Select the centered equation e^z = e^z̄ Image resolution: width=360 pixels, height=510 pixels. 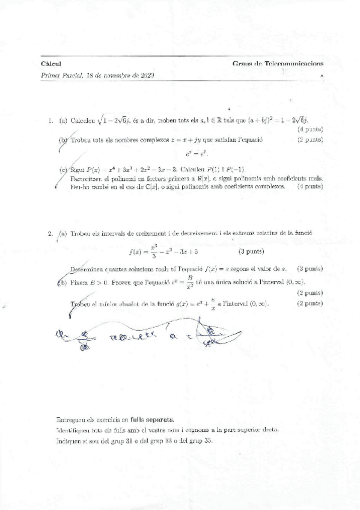tap(185, 155)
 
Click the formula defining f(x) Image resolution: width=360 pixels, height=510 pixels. tap(165, 251)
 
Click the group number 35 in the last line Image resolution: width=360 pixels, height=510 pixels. tap(207, 440)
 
